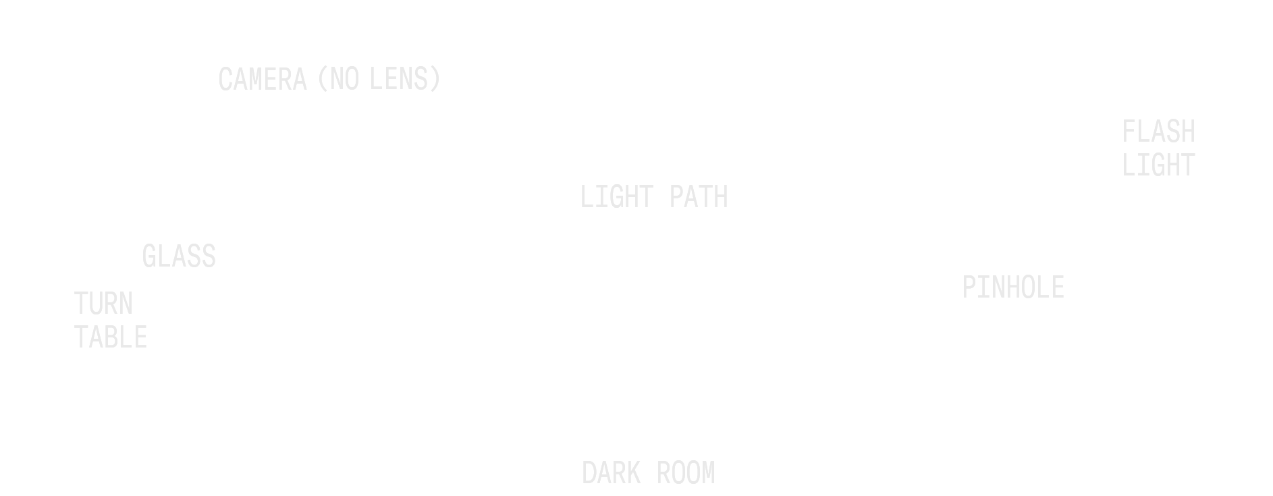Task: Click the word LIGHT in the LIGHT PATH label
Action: click(x=614, y=198)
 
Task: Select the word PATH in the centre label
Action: click(x=699, y=198)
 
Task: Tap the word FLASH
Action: click(x=1160, y=132)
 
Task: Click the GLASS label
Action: click(x=178, y=256)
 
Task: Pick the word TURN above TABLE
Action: click(x=103, y=305)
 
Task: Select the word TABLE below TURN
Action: click(x=111, y=337)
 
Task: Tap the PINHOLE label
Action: click(x=1012, y=289)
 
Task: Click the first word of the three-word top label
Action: click(x=261, y=79)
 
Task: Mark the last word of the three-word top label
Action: click(x=404, y=79)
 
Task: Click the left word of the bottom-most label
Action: click(x=613, y=472)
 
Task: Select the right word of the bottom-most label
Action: click(x=685, y=472)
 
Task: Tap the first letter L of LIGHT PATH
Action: click(x=584, y=198)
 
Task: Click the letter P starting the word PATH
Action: click(x=677, y=198)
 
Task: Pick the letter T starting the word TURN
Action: click(x=78, y=305)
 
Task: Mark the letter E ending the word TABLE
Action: click(x=143, y=337)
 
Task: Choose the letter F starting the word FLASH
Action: click(x=1130, y=132)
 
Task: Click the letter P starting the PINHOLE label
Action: click(x=969, y=289)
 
